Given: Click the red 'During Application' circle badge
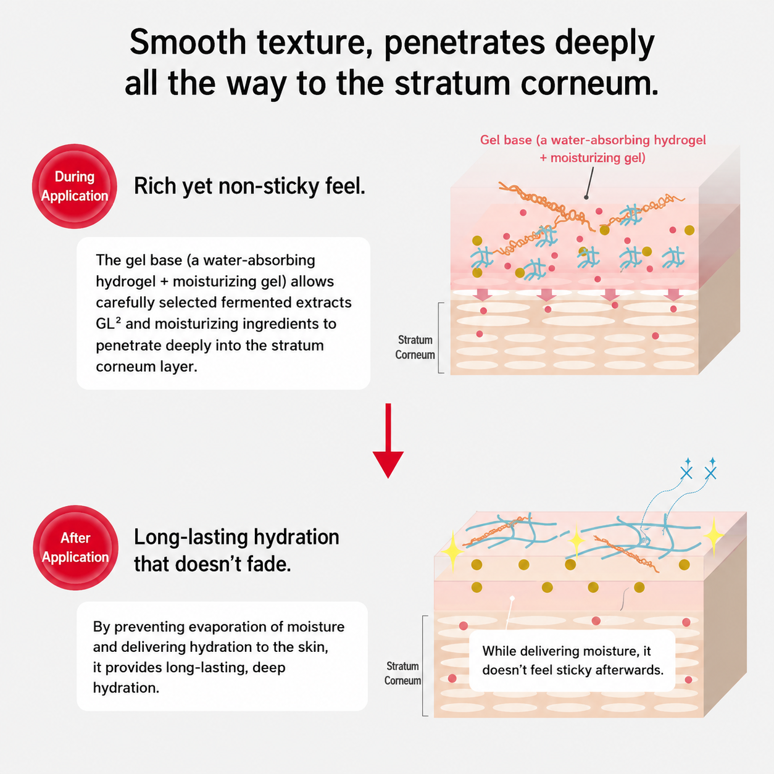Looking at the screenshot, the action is pos(74,186).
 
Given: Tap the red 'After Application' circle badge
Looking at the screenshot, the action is pos(75,547).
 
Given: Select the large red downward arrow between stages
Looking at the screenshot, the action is pos(388,441).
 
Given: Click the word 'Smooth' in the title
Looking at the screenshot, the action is pos(188,43).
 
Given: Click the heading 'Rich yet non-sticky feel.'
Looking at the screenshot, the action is pos(249,186).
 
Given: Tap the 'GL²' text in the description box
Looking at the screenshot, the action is pos(109,323).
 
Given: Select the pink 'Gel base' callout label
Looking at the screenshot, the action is pos(593,149).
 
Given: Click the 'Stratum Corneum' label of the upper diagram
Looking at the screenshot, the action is pos(415,347).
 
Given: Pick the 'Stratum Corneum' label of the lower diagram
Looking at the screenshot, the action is pos(402,673).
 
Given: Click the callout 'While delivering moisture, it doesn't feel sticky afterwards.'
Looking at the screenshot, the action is pos(572,660).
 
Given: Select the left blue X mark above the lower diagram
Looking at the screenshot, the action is pos(686,473).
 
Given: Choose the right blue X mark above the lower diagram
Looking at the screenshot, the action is pos(710,473).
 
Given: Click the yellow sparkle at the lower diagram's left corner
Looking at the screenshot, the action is pos(452,550).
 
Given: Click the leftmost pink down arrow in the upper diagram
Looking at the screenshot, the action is pos(483,295).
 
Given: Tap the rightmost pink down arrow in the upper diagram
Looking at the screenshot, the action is pos(673,295).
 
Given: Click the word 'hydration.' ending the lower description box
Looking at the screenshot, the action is pos(126,688).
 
